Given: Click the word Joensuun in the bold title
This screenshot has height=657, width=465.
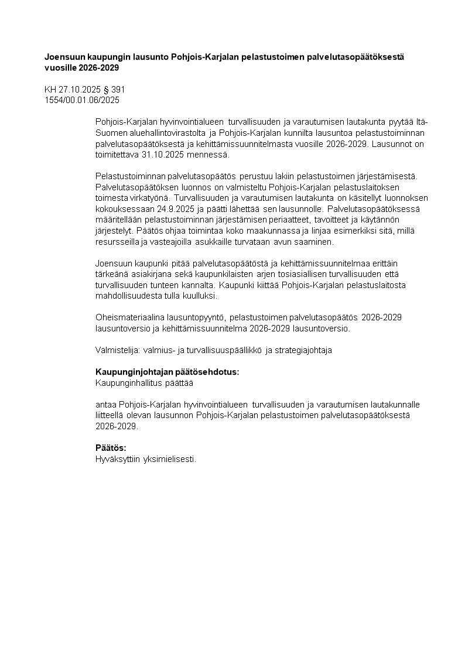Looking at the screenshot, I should [64, 57].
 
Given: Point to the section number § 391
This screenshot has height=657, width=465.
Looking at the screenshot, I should [114, 90].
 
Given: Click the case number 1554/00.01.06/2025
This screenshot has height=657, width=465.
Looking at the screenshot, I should [82, 100].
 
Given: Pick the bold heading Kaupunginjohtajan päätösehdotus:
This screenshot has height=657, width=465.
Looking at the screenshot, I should [167, 372].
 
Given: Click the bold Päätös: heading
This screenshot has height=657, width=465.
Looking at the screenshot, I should [111, 448].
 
